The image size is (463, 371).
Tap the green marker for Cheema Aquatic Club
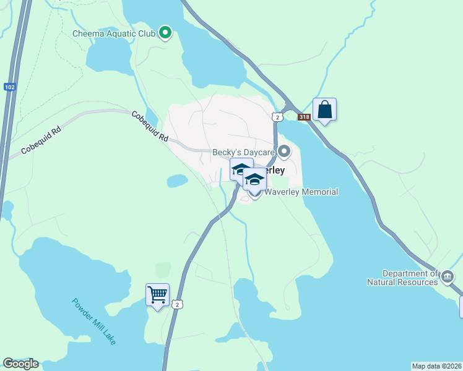tap(165, 33)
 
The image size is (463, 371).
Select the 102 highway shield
tap(9, 87)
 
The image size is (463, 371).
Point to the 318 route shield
tap(303, 117)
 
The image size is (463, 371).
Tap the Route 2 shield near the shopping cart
tap(178, 304)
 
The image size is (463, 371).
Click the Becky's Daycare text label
tap(243, 151)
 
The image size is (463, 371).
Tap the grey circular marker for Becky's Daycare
tap(284, 151)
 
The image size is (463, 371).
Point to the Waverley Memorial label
tap(301, 192)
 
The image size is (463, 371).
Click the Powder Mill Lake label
tap(93, 322)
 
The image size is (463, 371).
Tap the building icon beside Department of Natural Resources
tap(448, 275)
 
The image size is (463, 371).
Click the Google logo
tap(20, 364)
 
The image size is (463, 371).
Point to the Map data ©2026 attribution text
tap(436, 365)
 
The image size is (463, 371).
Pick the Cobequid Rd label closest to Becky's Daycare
tap(149, 127)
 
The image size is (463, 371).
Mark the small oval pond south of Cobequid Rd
tap(177, 181)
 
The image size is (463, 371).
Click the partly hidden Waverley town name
tap(275, 170)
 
